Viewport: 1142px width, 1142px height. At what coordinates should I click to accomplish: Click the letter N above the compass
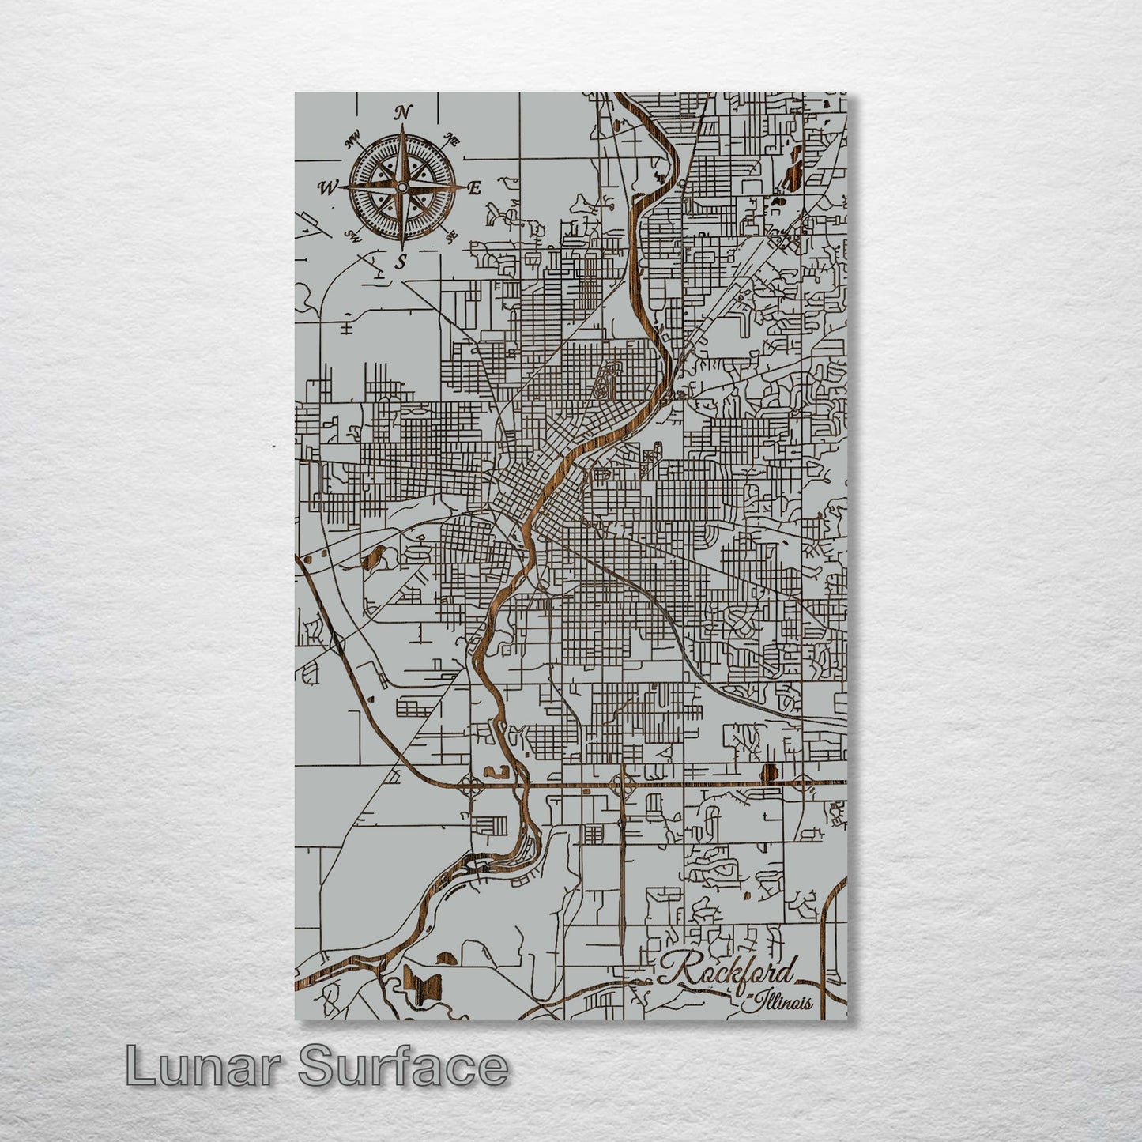402,111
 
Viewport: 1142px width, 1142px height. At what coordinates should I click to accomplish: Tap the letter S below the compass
401,262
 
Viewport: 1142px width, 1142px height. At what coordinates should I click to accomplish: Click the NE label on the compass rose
452,140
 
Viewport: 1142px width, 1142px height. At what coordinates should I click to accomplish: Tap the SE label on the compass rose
451,236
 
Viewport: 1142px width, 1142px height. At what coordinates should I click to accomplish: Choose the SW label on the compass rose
353,236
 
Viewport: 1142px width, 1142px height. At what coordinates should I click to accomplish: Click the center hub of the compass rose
401,187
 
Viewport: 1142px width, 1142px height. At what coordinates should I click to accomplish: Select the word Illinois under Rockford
782,1003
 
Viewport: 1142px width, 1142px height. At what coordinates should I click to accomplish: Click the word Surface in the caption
403,1067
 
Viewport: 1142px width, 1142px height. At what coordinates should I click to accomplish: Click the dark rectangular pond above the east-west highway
766,772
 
